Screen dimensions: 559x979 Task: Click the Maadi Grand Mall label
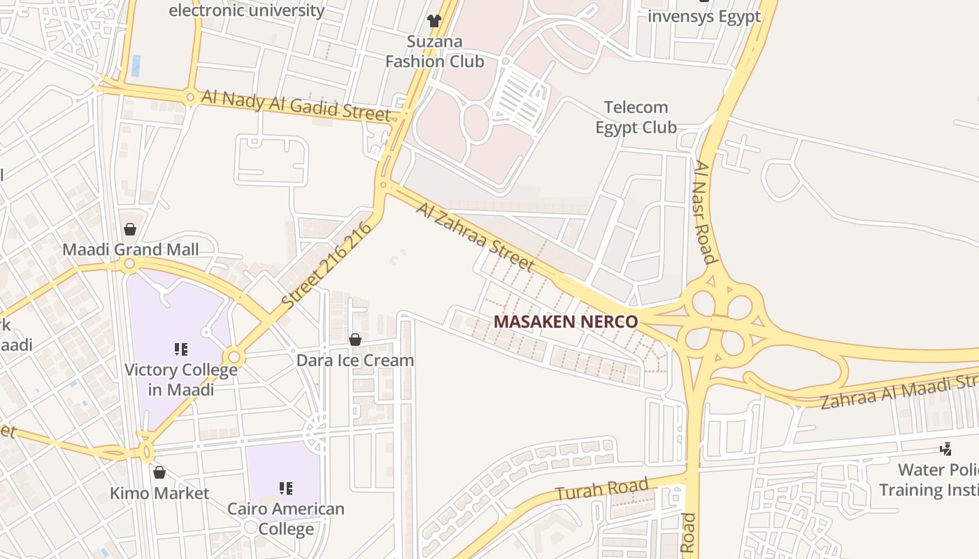pyautogui.click(x=131, y=249)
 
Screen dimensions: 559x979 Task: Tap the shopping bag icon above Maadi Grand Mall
pyautogui.click(x=129, y=228)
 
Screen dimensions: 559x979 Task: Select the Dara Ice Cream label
pyautogui.click(x=355, y=361)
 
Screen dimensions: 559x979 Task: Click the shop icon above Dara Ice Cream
pyautogui.click(x=355, y=340)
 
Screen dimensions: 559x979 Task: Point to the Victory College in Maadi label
pyautogui.click(x=181, y=379)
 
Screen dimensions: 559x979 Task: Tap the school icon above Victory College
pyautogui.click(x=181, y=349)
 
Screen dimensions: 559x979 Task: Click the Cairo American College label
pyautogui.click(x=286, y=518)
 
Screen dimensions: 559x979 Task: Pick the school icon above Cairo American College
pyautogui.click(x=286, y=488)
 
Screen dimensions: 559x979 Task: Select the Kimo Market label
pyautogui.click(x=159, y=493)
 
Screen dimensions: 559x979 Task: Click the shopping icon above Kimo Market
pyautogui.click(x=159, y=472)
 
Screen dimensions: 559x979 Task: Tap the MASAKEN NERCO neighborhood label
pyautogui.click(x=566, y=322)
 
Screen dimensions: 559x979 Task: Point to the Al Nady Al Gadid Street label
pyautogui.click(x=295, y=104)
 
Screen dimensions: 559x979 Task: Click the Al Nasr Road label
pyautogui.click(x=705, y=212)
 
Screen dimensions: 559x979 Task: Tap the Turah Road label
pyautogui.click(x=602, y=488)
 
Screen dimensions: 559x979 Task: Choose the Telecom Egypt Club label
pyautogui.click(x=636, y=117)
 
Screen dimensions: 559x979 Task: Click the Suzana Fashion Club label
pyautogui.click(x=434, y=52)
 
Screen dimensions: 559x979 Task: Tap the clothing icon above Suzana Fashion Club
pyautogui.click(x=434, y=21)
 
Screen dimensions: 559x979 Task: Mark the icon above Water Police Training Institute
pyautogui.click(x=946, y=449)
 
